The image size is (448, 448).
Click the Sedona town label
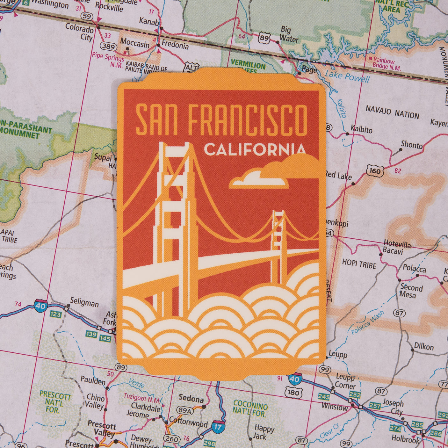point(191,398)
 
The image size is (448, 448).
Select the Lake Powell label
point(347,77)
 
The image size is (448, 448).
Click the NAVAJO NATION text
point(392,112)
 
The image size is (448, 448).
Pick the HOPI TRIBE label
point(359,264)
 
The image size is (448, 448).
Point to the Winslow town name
point(335,407)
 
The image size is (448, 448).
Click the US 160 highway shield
point(374,171)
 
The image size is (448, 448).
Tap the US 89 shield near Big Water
point(264,38)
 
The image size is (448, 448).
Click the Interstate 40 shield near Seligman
point(41,306)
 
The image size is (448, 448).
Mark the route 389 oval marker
point(108,47)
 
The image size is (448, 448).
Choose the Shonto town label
point(411,145)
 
